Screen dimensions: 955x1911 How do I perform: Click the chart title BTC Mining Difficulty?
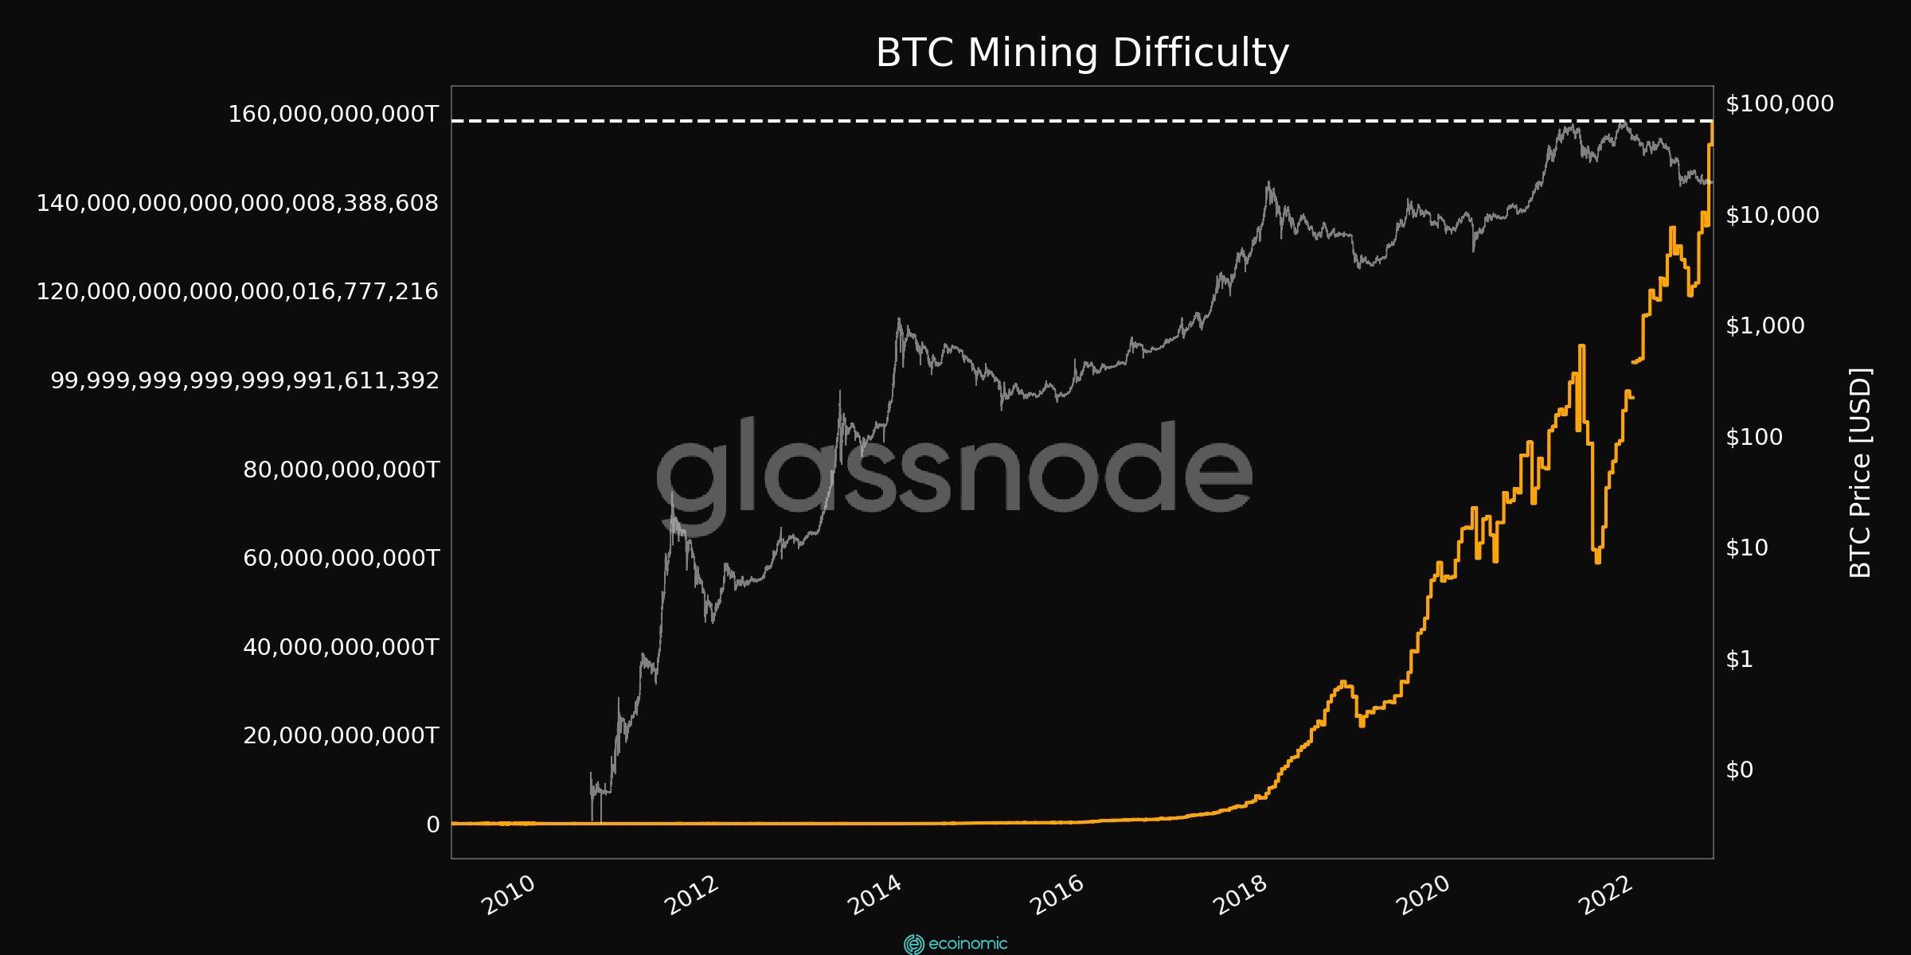[x=1082, y=53]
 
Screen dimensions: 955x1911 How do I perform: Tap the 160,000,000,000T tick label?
[x=334, y=114]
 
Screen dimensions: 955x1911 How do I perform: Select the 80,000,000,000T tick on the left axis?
[x=341, y=470]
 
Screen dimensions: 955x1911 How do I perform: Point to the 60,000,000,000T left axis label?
[x=341, y=558]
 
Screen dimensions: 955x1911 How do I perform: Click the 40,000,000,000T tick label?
[x=341, y=647]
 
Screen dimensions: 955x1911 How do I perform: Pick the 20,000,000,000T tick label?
[x=341, y=735]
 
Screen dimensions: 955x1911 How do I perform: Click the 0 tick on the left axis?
[x=433, y=824]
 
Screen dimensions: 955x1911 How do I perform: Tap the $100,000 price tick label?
[x=1780, y=103]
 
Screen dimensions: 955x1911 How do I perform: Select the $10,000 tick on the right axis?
[x=1772, y=215]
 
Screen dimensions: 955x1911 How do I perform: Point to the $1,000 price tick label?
[x=1765, y=325]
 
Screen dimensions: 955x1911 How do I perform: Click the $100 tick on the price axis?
[x=1754, y=437]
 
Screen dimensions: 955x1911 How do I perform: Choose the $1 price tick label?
[x=1739, y=659]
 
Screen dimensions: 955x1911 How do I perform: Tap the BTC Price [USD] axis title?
[x=1860, y=473]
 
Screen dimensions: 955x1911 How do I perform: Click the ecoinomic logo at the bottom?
[x=955, y=944]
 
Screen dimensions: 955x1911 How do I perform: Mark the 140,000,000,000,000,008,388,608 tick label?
[x=237, y=203]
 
